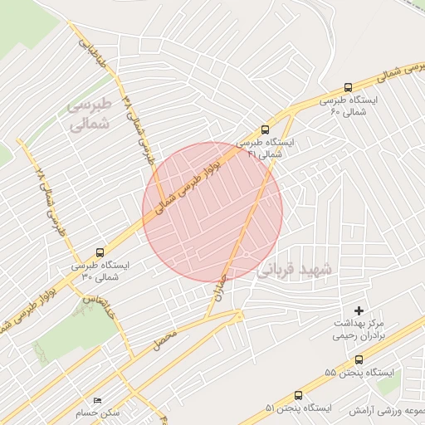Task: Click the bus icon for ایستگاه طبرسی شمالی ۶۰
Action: [x=348, y=87]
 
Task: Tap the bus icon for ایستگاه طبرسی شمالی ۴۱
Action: [x=265, y=129]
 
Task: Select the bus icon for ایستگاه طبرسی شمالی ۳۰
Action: [x=100, y=252]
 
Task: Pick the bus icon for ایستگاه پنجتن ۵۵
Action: [x=359, y=359]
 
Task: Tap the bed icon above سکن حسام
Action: [x=98, y=400]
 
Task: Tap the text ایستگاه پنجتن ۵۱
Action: [x=298, y=408]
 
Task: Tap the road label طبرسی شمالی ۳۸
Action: [x=139, y=125]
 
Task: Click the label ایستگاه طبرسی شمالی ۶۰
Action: [x=355, y=105]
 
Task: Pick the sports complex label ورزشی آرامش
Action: [x=390, y=411]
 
